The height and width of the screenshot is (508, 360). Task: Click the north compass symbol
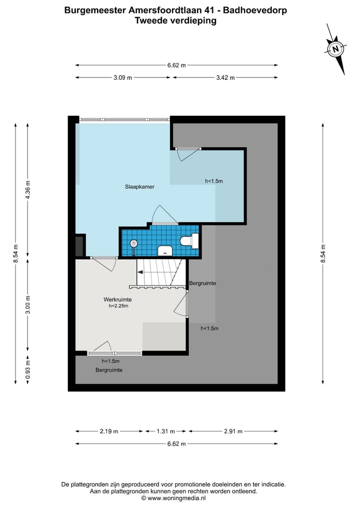(335, 49)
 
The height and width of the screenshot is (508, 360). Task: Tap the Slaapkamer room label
(139, 187)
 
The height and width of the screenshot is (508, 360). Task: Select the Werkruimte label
(117, 299)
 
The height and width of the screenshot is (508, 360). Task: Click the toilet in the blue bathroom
(189, 241)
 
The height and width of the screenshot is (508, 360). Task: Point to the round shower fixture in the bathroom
(133, 243)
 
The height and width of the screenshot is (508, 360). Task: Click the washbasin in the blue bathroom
(165, 251)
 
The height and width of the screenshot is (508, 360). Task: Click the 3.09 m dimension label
(122, 78)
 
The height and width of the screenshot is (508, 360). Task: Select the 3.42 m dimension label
(225, 78)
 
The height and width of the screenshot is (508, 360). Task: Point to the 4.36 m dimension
(28, 190)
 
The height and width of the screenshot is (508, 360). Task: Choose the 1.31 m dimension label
(165, 431)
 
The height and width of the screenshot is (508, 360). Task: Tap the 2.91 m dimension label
(233, 431)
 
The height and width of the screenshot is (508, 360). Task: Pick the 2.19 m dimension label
(109, 431)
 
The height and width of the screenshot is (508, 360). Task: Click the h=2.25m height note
(118, 306)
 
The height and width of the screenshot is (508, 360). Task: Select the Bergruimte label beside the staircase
(202, 283)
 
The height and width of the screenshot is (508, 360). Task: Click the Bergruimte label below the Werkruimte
(109, 370)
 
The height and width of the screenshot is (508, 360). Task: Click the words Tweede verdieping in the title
(175, 20)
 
